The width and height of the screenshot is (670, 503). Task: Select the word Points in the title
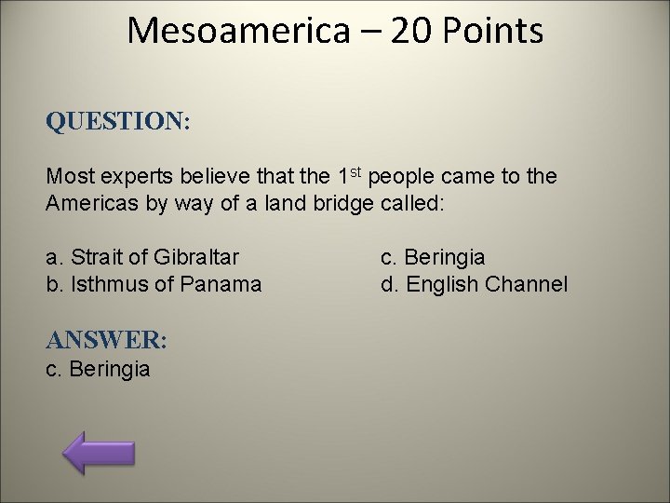pyautogui.click(x=499, y=31)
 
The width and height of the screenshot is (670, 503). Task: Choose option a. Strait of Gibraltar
pyautogui.click(x=142, y=256)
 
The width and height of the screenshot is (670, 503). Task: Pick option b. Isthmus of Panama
pyautogui.click(x=154, y=283)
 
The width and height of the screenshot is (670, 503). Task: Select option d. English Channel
pyautogui.click(x=474, y=283)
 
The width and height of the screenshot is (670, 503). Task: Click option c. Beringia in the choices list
pyautogui.click(x=433, y=256)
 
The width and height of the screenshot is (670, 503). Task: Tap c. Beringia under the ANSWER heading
pyautogui.click(x=98, y=369)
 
